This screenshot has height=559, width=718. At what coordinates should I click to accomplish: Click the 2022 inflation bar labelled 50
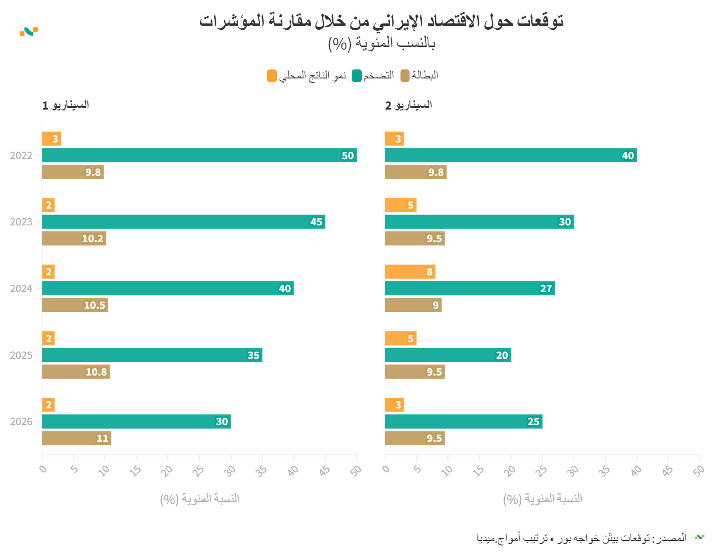[x=199, y=155]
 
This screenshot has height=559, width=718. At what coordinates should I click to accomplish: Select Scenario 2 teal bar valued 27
[x=469, y=289]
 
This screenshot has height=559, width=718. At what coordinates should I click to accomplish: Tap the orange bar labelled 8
[x=410, y=272]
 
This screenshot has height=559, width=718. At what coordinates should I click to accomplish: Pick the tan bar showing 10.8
[x=76, y=372]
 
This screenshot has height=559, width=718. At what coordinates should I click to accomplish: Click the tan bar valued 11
[x=76, y=438]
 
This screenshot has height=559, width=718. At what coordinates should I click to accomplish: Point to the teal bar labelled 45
[x=183, y=222]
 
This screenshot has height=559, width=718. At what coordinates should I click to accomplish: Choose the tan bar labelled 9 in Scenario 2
[x=413, y=305]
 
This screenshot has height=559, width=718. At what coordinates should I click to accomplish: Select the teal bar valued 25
[x=463, y=422]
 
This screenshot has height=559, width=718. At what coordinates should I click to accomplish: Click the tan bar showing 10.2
[x=74, y=238]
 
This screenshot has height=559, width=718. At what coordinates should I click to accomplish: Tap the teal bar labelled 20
[x=447, y=355]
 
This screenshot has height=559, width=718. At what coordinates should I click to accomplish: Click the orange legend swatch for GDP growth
[x=272, y=76]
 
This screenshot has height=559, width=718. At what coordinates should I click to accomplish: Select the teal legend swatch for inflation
[x=357, y=76]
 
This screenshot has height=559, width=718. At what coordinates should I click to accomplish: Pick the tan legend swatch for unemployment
[x=405, y=76]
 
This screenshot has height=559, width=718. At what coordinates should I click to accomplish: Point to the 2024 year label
[x=21, y=289]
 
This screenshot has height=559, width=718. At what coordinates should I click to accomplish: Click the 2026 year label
[x=21, y=422]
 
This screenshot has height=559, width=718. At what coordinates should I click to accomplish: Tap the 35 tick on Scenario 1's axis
[x=261, y=471]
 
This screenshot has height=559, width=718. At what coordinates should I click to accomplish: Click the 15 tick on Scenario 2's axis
[x=479, y=471]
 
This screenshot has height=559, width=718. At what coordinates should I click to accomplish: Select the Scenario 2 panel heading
[x=408, y=105]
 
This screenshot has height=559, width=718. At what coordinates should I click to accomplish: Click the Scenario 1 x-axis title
[x=199, y=499]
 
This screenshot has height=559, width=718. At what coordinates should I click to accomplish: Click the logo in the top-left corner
[x=29, y=32]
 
